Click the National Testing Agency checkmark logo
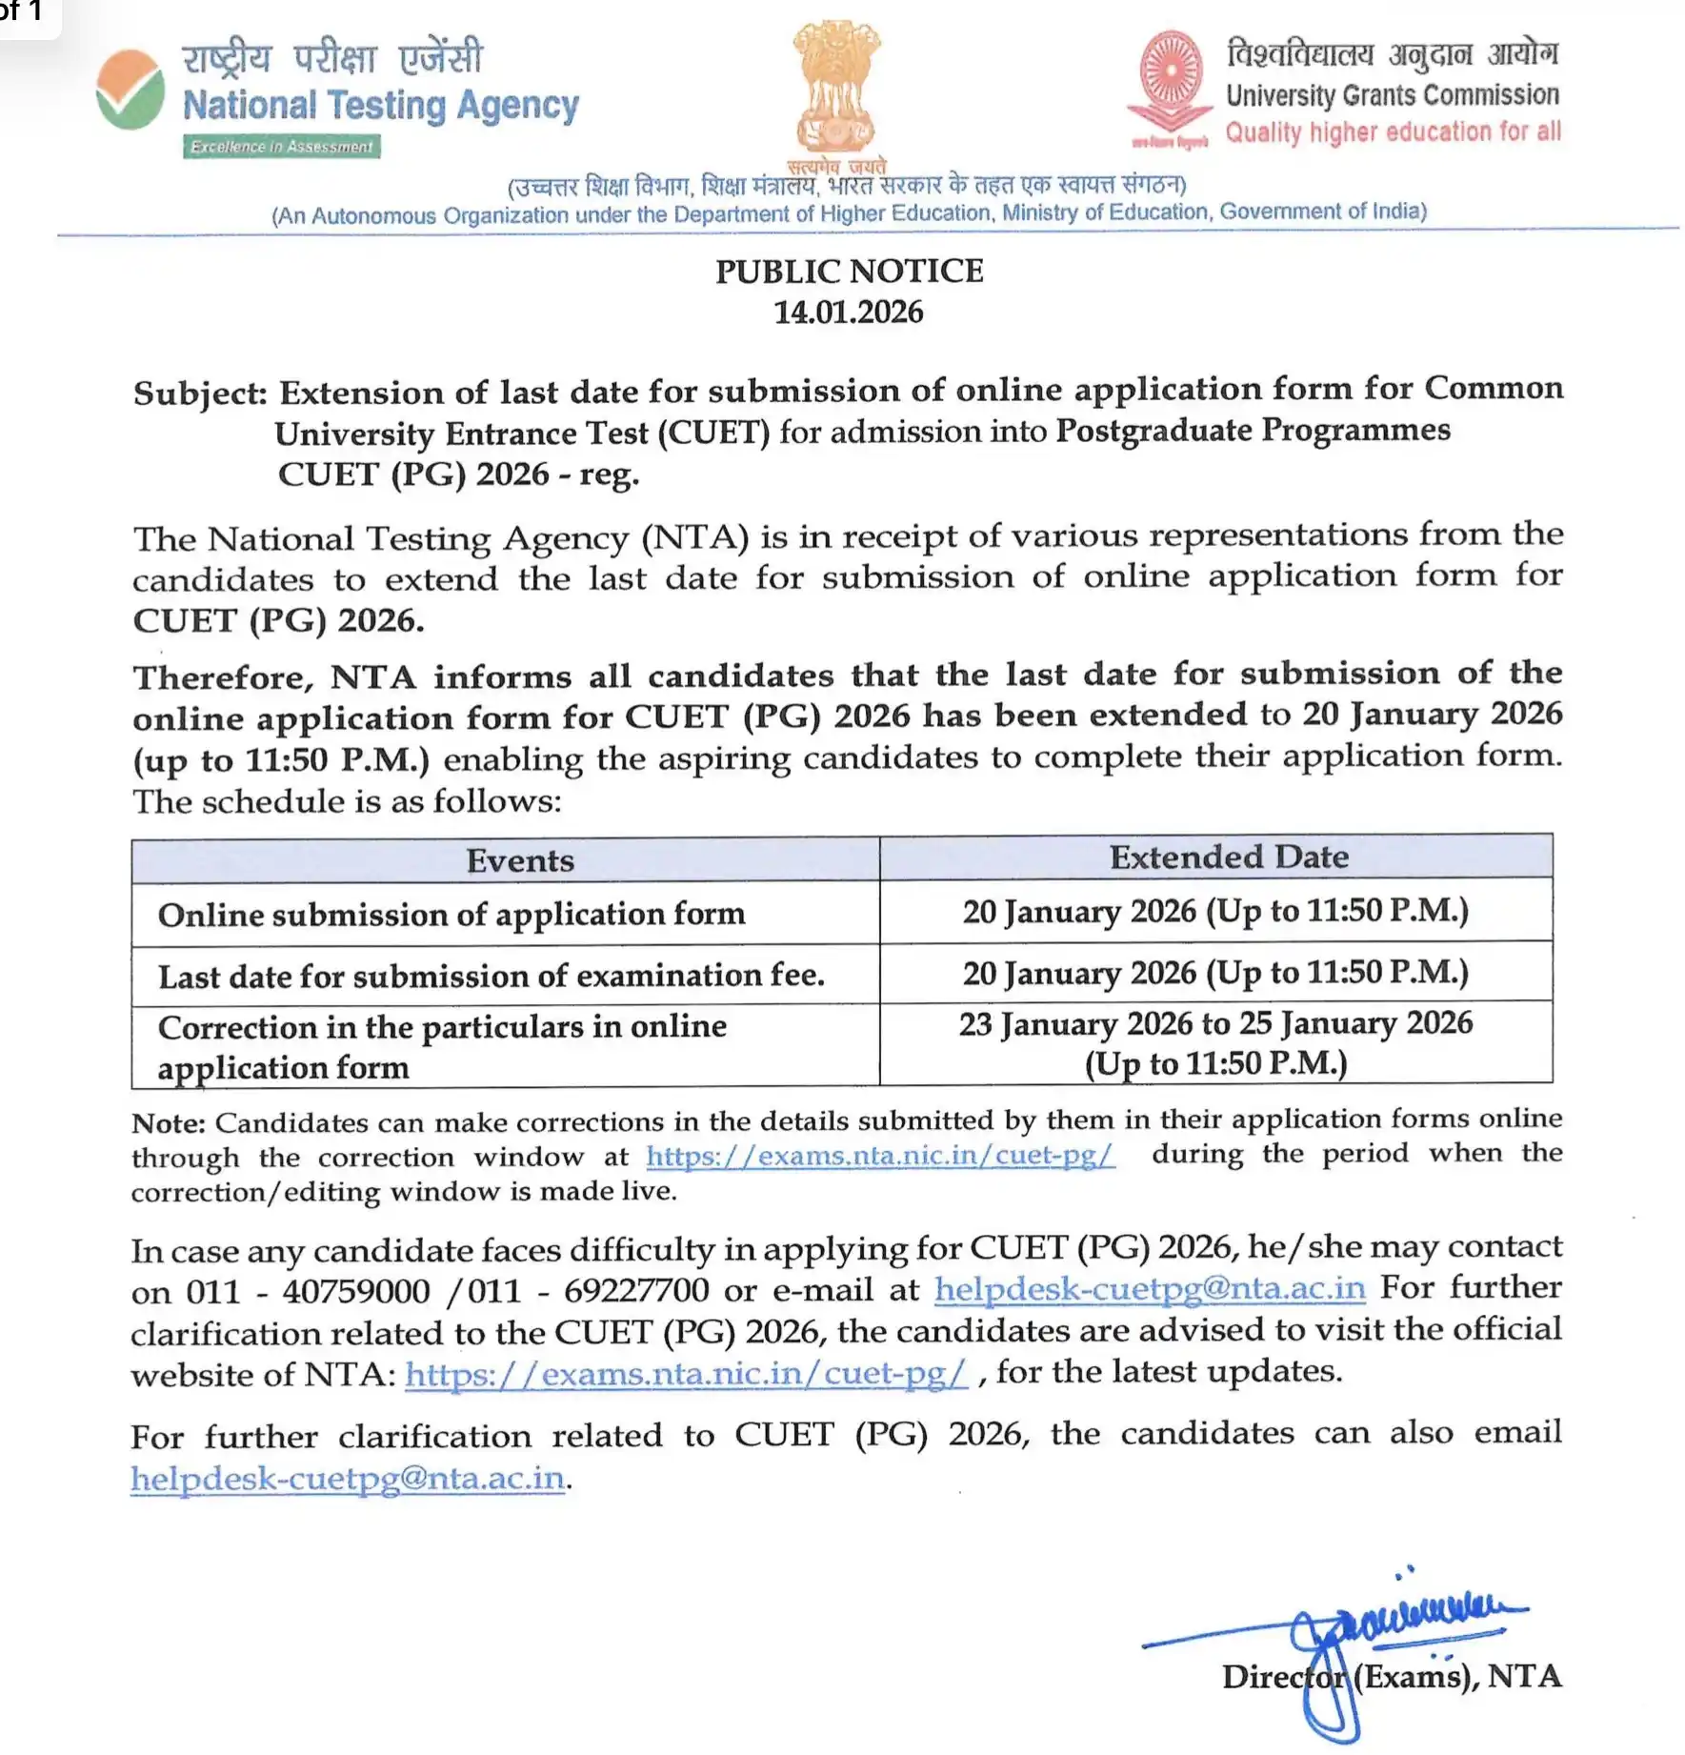coord(130,90)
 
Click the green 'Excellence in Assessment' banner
coord(282,147)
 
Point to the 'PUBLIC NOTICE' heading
coord(849,272)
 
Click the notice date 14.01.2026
coord(848,313)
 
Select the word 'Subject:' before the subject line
coord(200,393)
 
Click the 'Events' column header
coord(520,860)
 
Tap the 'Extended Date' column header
coord(1229,857)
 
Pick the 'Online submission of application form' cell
coord(451,915)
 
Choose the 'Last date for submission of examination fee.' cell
coord(491,976)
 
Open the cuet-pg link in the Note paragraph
coord(879,1156)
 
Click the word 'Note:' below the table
coord(169,1122)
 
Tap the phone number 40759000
coord(356,1291)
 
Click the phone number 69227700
coord(636,1290)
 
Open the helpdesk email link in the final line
coord(349,1478)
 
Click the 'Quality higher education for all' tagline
coord(1393,131)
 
